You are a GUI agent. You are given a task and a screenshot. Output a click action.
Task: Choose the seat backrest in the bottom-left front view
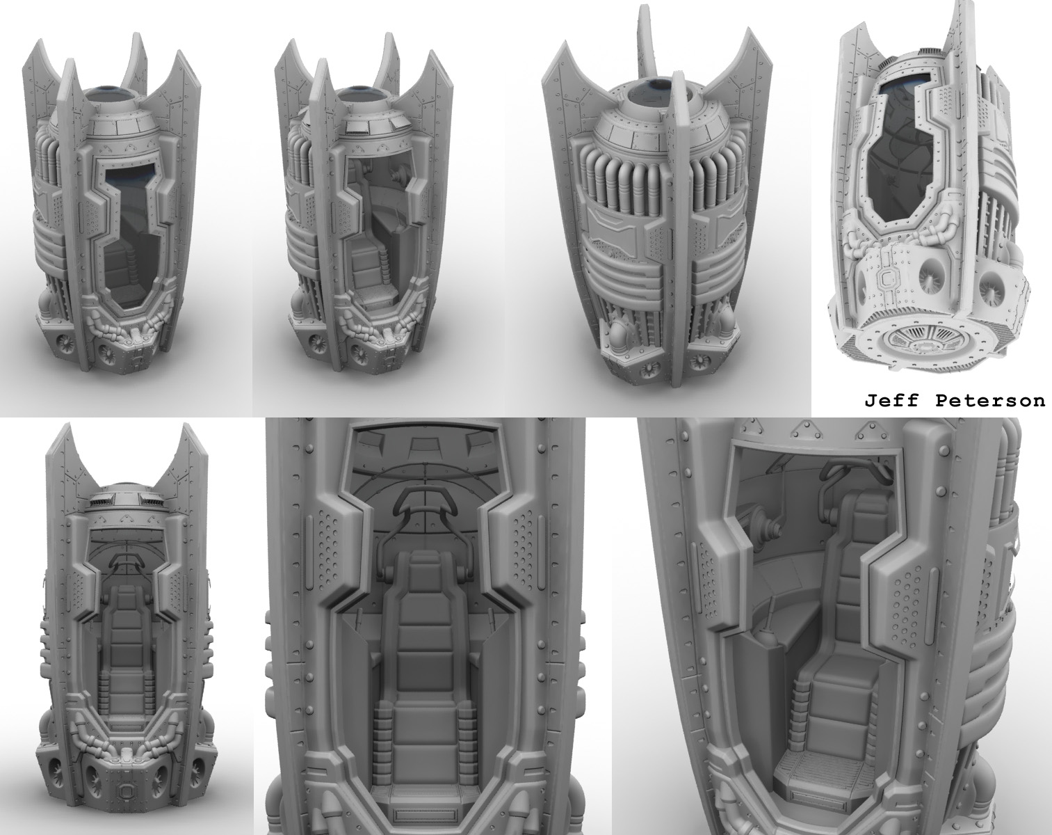point(125,626)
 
